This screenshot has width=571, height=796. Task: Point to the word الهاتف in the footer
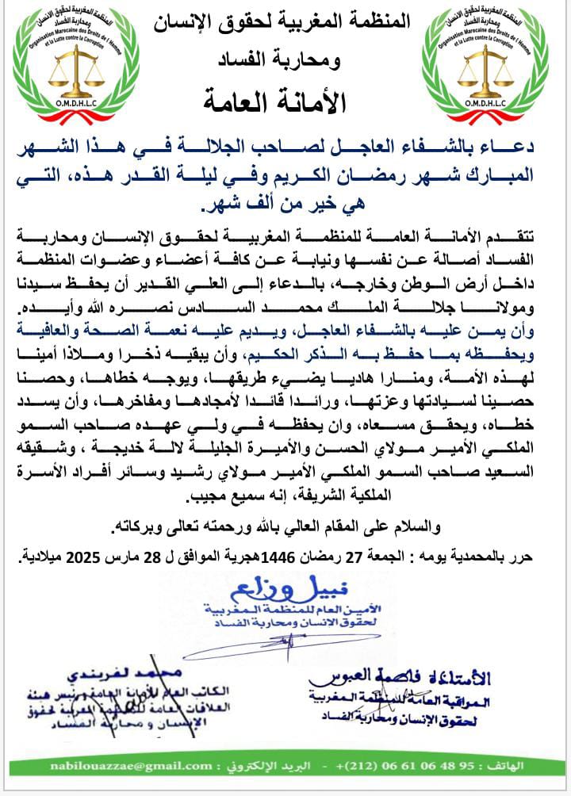tap(538, 766)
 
